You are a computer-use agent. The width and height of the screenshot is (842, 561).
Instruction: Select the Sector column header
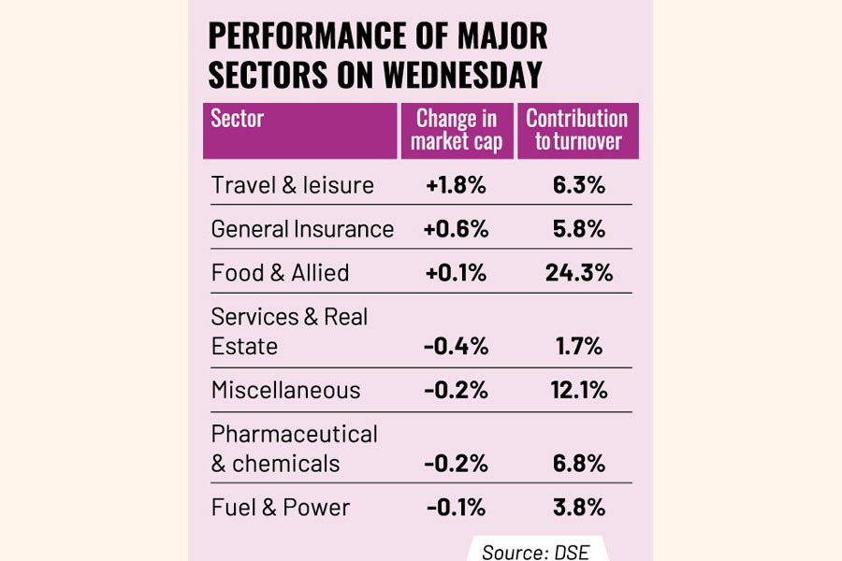tap(238, 119)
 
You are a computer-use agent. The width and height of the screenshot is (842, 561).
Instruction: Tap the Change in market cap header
tap(457, 130)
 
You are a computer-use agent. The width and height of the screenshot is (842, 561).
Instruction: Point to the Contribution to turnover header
tap(576, 130)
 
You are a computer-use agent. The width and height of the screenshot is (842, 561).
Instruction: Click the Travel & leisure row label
tap(292, 185)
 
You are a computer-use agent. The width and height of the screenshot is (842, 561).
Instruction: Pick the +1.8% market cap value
tap(456, 185)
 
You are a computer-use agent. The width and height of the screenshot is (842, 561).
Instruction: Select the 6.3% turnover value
tap(576, 185)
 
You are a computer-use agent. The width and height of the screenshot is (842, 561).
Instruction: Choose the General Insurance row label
tap(302, 229)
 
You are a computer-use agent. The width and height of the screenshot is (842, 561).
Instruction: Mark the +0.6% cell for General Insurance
tap(456, 229)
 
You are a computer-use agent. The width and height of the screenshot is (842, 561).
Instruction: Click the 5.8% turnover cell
tap(576, 229)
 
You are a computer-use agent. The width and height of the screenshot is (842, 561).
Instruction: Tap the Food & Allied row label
tap(280, 273)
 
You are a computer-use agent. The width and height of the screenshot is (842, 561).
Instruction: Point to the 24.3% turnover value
tap(576, 273)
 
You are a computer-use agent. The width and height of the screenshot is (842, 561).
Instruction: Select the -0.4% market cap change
tap(456, 347)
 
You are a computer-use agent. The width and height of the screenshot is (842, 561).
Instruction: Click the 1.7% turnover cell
tap(576, 347)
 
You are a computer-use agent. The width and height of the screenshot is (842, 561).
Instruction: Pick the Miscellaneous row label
tap(285, 391)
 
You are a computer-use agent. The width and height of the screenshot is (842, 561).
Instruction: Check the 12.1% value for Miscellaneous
tap(576, 391)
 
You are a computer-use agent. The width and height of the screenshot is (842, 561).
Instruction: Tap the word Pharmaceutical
tap(294, 435)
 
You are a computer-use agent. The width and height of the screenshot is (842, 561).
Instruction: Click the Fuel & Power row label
tap(280, 508)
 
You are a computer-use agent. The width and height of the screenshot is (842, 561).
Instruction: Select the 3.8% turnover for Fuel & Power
tap(576, 508)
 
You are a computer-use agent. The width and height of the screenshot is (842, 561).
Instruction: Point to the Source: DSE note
tap(536, 552)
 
